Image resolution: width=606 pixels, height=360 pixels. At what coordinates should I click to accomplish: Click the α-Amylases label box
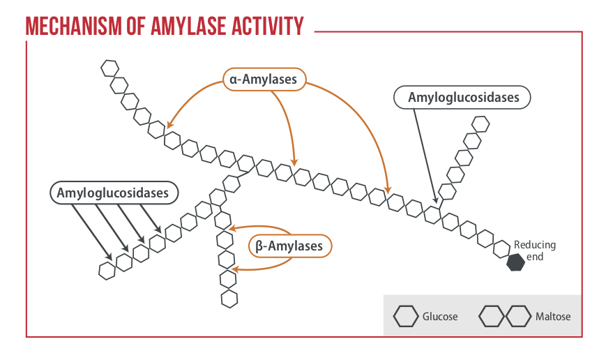pos(264,80)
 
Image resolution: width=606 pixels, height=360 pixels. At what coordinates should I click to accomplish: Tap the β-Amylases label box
pos(290,246)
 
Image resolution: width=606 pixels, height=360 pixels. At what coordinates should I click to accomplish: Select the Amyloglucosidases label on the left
pos(114,193)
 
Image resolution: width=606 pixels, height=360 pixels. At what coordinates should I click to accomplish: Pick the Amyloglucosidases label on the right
pos(462,97)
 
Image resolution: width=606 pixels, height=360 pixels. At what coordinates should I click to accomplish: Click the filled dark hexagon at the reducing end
pos(515,262)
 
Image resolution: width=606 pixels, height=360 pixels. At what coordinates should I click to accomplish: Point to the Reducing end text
pos(535,250)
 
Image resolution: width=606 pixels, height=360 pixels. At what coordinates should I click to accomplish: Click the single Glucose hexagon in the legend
pos(406,316)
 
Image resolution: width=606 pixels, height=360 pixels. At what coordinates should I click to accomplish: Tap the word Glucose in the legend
pos(440,316)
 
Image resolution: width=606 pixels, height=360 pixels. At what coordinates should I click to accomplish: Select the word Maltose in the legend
pos(553,316)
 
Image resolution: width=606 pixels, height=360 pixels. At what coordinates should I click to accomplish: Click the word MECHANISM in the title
pos(73,27)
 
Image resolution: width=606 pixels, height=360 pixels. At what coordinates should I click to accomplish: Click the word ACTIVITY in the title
pos(268,27)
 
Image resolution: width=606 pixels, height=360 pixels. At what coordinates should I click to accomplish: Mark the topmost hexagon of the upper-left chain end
pos(109,68)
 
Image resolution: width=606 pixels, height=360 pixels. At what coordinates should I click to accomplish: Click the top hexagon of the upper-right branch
pos(480,124)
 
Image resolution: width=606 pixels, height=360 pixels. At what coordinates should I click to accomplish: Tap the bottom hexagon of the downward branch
pos(229,299)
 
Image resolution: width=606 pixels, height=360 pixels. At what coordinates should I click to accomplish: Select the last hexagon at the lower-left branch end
pos(107,271)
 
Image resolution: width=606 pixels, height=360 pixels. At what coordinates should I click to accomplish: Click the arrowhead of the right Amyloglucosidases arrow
pos(436,200)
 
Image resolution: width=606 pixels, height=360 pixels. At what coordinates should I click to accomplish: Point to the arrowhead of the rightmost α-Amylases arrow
pos(388,190)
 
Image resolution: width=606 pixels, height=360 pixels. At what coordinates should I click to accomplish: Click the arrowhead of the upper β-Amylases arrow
pos(232,228)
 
